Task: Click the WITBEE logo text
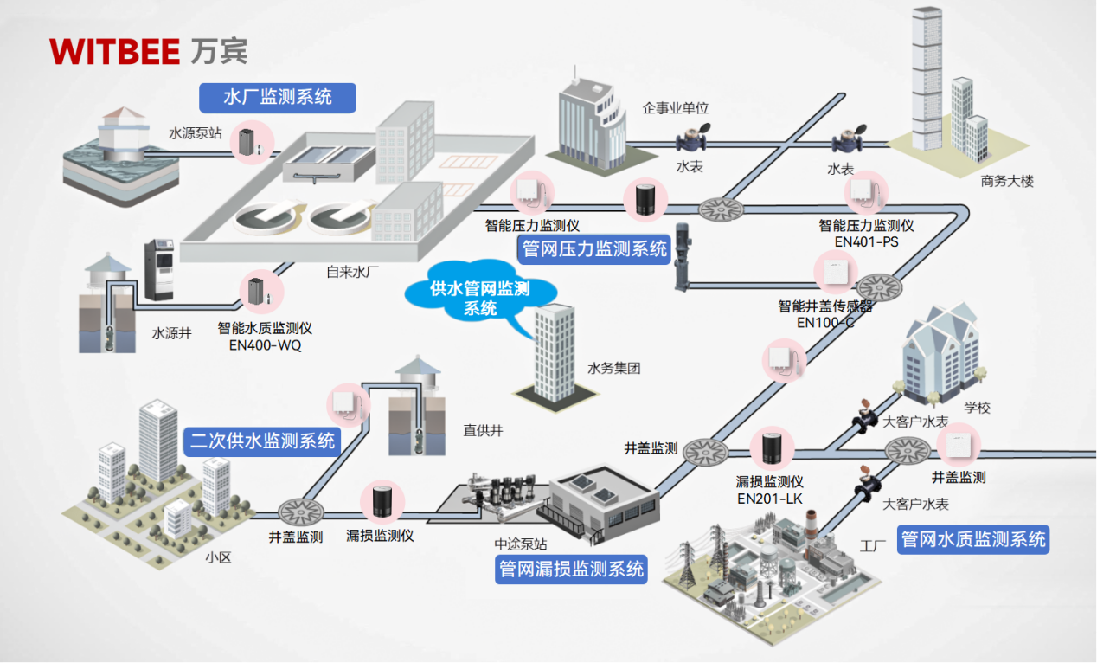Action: tap(115, 51)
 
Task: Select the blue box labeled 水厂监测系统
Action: tap(277, 97)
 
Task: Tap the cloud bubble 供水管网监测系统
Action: tap(480, 299)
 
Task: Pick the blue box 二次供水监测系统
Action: tap(262, 441)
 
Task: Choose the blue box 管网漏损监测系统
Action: tap(572, 570)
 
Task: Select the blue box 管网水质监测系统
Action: tap(973, 540)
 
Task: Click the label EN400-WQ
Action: tap(266, 345)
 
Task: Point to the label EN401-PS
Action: tap(866, 241)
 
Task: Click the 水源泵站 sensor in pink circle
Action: tap(251, 143)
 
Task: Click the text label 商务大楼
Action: tap(1007, 182)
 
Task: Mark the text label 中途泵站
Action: tap(520, 544)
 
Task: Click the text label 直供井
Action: tap(483, 429)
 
